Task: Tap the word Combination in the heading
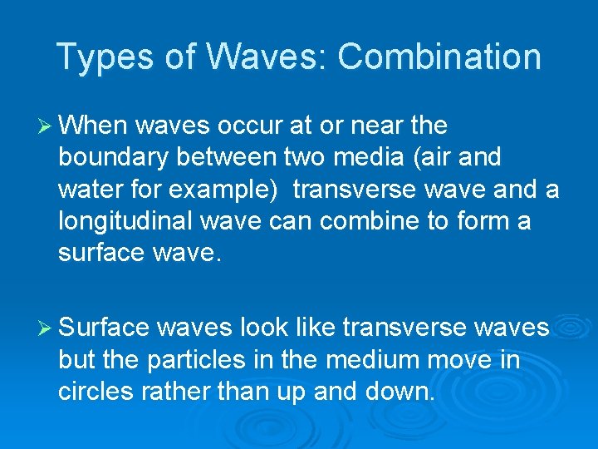(439, 57)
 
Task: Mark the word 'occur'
(249, 126)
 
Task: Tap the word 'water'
(87, 190)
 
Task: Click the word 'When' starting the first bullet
(92, 125)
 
